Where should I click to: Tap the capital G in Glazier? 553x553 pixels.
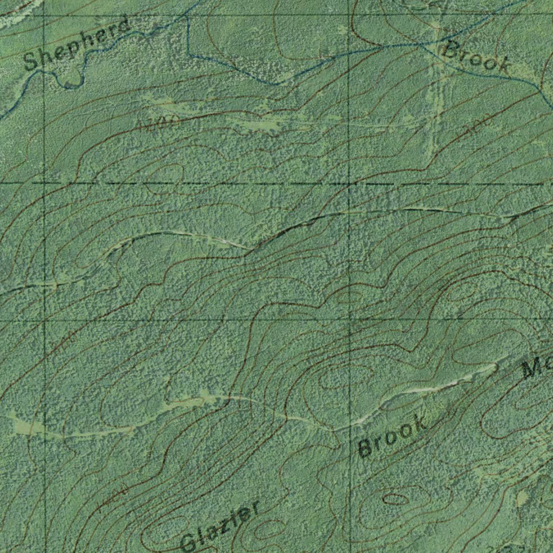pos(189,542)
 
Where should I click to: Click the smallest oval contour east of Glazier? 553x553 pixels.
pos(396,498)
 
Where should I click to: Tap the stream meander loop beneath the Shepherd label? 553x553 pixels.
pos(70,78)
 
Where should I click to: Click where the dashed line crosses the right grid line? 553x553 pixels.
pos(350,184)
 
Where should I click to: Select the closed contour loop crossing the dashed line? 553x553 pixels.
pos(165,176)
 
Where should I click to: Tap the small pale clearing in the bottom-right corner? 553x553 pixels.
pos(522,498)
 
